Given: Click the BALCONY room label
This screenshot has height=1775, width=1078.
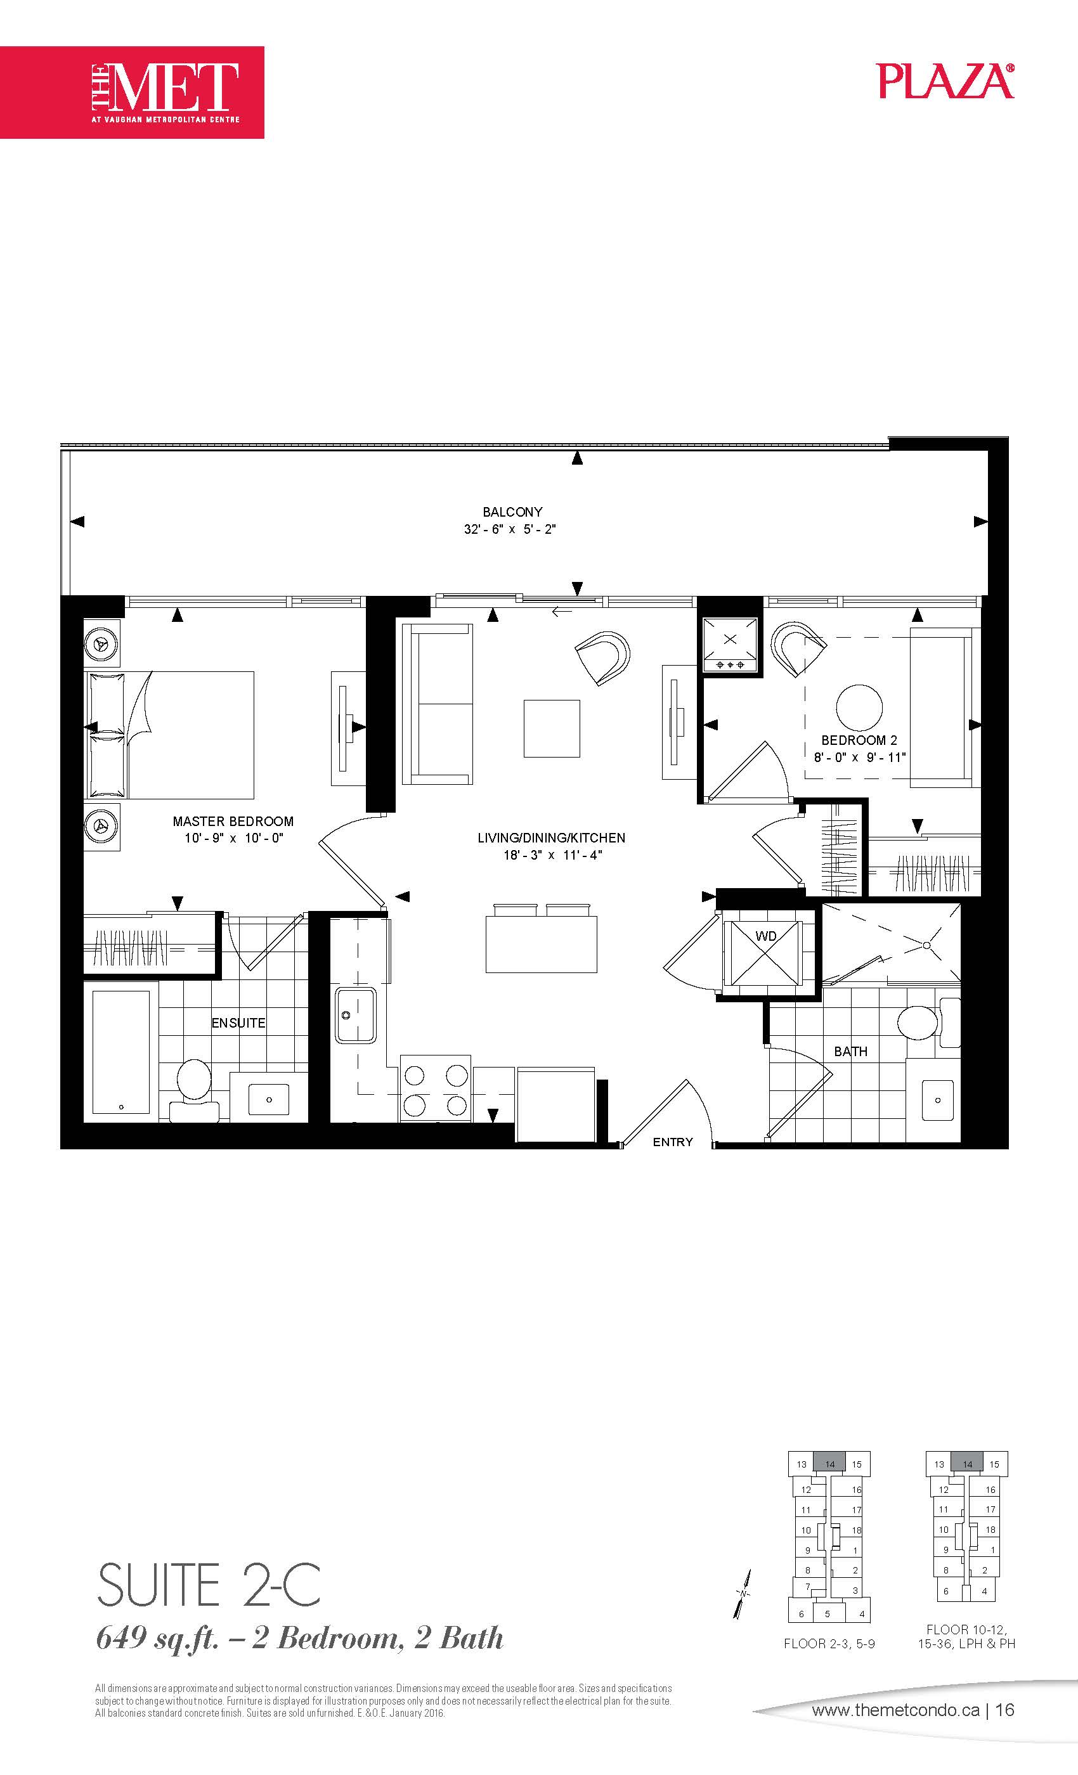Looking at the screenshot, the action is (512, 512).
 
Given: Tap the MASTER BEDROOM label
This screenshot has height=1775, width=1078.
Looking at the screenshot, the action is (233, 821).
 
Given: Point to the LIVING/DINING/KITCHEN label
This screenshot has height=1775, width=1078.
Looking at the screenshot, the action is (551, 838).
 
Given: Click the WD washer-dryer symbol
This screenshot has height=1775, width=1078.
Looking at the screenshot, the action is (765, 953).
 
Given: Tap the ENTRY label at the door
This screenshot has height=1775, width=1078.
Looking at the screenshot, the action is (673, 1142).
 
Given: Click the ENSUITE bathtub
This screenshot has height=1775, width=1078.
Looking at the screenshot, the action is (121, 1052).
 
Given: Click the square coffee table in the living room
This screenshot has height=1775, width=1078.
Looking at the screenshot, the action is (552, 728).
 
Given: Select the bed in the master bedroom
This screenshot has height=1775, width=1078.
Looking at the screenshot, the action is (169, 735).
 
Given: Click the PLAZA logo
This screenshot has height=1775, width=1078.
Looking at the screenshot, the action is (946, 81).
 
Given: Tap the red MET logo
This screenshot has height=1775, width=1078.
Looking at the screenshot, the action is (132, 92).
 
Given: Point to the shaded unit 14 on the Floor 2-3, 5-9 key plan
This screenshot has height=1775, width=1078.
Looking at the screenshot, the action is (829, 1464).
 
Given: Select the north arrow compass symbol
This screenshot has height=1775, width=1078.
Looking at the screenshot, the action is (744, 1594).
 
